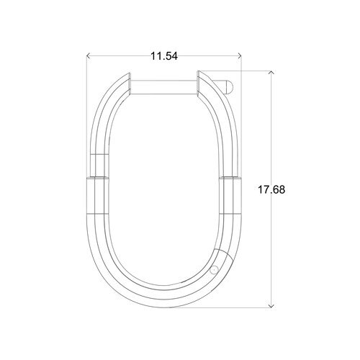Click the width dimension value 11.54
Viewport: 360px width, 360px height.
tap(164, 56)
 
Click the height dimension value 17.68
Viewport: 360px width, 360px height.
tap(271, 189)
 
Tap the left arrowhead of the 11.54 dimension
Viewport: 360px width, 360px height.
tap(88, 56)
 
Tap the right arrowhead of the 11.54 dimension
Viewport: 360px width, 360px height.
tap(239, 56)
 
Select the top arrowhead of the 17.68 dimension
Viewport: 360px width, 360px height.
tap(271, 73)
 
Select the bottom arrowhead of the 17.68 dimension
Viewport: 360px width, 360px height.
tap(271, 306)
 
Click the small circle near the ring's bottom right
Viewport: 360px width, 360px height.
tap(213, 270)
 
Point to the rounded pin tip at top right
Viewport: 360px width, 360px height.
tap(229, 87)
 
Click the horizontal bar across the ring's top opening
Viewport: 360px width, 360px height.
tap(163, 87)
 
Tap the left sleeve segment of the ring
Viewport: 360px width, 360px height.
tap(97, 195)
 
